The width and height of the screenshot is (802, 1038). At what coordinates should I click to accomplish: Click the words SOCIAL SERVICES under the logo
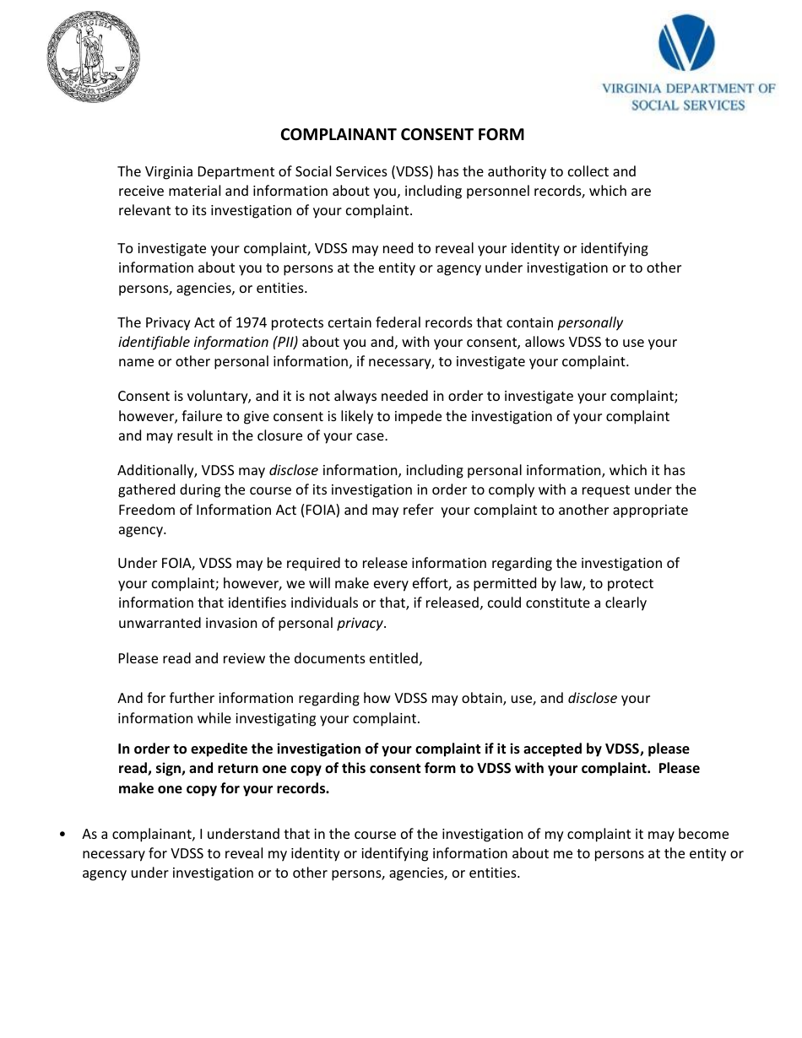688,105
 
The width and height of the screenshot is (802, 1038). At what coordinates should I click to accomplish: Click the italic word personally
590,322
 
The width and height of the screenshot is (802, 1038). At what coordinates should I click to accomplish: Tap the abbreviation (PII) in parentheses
284,342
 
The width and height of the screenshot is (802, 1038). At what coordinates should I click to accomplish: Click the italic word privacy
360,623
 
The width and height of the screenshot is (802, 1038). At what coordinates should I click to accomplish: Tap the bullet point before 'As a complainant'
64,835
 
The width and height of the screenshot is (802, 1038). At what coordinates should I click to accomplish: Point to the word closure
285,435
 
